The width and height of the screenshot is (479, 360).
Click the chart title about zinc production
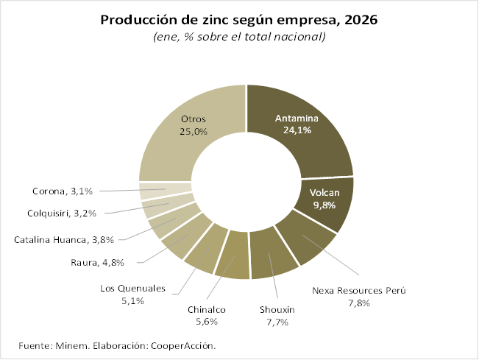click(x=239, y=20)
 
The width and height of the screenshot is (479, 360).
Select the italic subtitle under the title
click(x=239, y=36)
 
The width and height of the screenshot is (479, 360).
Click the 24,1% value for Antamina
click(x=297, y=130)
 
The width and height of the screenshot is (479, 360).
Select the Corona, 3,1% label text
click(x=63, y=191)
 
